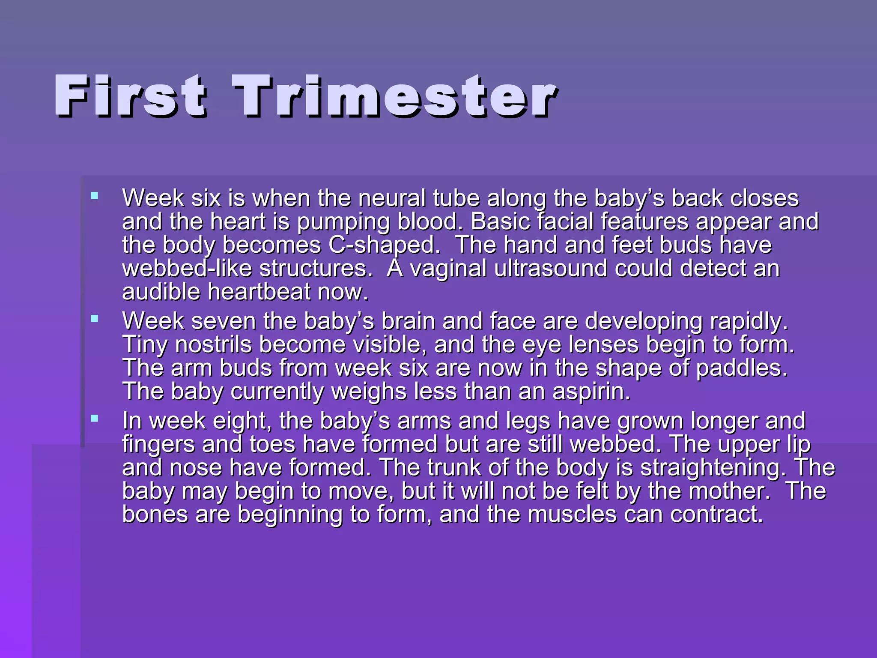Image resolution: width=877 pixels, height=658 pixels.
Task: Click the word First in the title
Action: tap(131, 96)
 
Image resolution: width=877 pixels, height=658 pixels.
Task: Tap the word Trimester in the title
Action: tap(394, 96)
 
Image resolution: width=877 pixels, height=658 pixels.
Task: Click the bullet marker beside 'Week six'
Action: tap(95, 196)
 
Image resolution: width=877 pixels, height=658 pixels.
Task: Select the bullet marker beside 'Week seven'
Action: tap(95, 319)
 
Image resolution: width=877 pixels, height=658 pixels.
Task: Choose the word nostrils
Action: tap(213, 345)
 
